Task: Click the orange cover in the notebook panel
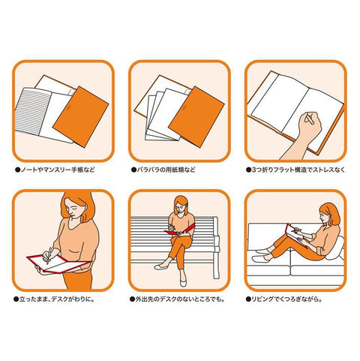point(81,117)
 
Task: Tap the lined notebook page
point(32,110)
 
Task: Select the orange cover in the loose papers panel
point(196,117)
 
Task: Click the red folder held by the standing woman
point(58,263)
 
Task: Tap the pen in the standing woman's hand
point(49,256)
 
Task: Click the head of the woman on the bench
point(181,206)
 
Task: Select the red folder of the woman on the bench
point(179,230)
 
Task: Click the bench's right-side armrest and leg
point(215,248)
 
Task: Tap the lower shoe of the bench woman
point(183,282)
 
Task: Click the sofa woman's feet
point(262,254)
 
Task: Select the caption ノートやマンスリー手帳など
point(55,170)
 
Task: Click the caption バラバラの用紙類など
point(163,170)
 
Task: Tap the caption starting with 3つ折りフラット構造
point(295,170)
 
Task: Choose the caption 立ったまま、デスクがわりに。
point(55,299)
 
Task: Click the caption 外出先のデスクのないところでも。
point(177,299)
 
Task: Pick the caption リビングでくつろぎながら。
point(284,299)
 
